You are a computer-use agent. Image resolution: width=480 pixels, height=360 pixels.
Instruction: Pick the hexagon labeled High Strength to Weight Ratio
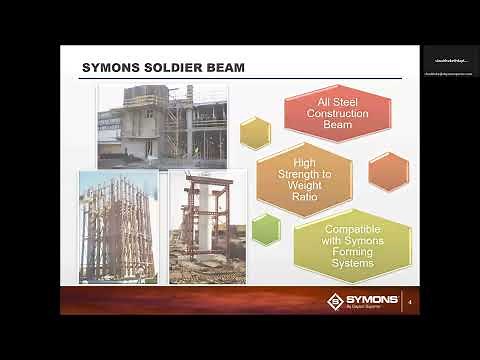click(304, 179)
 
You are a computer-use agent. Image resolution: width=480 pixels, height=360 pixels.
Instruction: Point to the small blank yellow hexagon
click(255, 132)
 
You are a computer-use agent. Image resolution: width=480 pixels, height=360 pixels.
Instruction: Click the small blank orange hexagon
click(387, 171)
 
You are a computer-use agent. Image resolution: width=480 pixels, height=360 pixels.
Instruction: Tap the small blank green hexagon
click(266, 229)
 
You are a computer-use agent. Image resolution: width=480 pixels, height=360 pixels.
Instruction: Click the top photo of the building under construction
click(162, 124)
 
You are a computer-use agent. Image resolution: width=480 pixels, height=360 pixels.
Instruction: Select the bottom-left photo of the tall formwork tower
click(118, 227)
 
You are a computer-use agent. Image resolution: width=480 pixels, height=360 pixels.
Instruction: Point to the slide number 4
click(410, 301)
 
